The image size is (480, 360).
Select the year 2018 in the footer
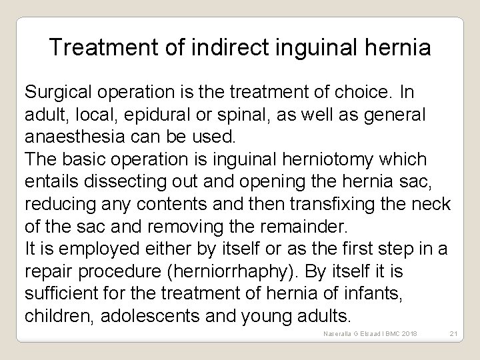pyautogui.click(x=405, y=333)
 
